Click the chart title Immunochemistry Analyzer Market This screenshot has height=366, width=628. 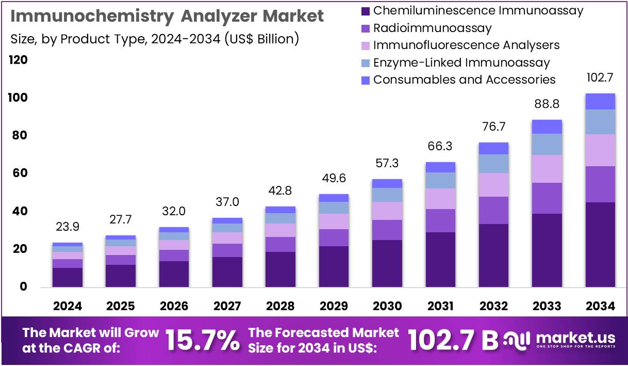click(167, 16)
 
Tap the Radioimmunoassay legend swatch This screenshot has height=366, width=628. click(366, 28)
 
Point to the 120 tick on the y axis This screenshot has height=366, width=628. click(18, 60)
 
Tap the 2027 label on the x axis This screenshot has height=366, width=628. click(227, 306)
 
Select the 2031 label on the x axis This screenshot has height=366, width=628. click(440, 306)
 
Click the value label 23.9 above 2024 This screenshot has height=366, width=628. click(68, 227)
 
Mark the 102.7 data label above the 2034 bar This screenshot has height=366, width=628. click(600, 78)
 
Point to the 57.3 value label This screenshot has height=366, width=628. click(387, 164)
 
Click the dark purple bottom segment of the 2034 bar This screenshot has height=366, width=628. click(600, 244)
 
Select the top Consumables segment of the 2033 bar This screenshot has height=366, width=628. click(547, 126)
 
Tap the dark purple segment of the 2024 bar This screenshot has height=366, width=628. click(68, 277)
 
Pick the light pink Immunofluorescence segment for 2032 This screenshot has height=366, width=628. click(493, 184)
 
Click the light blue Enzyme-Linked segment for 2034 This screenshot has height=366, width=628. click(600, 122)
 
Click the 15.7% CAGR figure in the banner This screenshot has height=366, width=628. click(203, 340)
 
